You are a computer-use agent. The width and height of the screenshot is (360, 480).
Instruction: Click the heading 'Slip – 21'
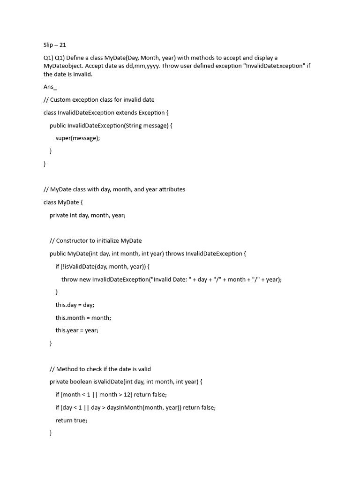point(55,45)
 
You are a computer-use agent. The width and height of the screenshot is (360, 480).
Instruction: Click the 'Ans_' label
point(50,87)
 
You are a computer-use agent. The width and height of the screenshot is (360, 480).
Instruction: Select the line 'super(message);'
point(78,138)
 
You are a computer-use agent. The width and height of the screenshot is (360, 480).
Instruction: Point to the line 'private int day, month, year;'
point(88,215)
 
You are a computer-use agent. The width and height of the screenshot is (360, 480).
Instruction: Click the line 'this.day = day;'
point(75,305)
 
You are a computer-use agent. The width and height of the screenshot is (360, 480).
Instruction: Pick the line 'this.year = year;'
point(77,330)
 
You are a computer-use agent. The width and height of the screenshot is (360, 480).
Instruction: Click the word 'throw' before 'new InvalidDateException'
point(69,279)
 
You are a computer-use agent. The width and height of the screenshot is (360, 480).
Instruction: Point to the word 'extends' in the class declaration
point(126,112)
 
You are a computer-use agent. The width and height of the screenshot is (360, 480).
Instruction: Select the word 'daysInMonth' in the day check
point(124,407)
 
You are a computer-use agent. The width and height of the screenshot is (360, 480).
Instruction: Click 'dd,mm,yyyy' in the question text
point(145,66)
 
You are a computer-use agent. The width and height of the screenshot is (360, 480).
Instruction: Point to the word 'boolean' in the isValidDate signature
point(81,382)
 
